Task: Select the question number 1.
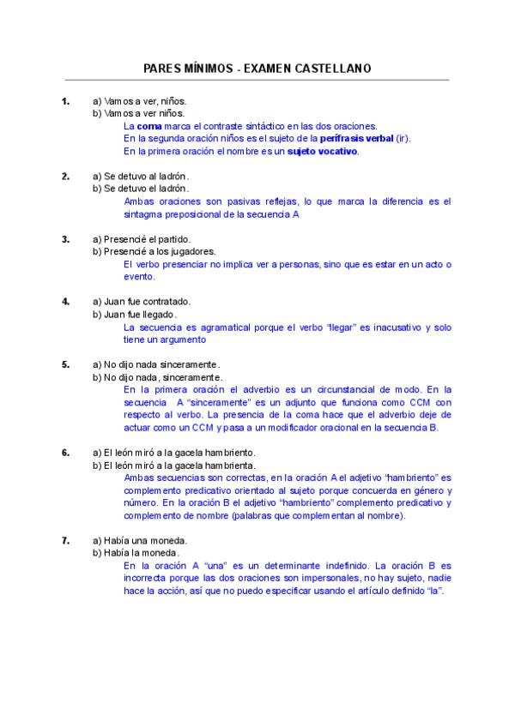click(x=65, y=100)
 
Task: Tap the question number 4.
click(x=65, y=301)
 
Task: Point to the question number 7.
click(x=65, y=540)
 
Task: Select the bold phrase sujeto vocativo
click(x=323, y=151)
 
